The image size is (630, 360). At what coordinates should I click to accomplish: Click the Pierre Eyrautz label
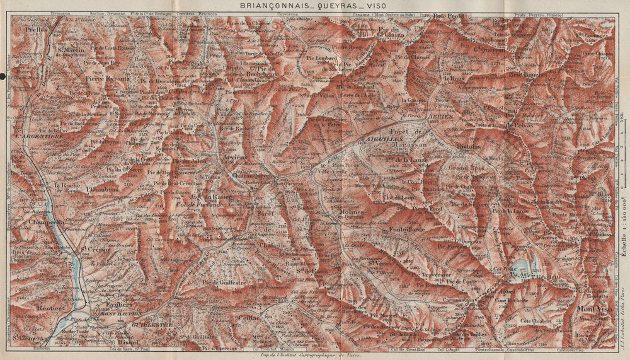(x=107, y=79)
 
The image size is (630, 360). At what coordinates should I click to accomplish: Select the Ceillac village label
(x=249, y=318)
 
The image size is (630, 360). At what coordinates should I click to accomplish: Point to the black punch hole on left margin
(x=3, y=76)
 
